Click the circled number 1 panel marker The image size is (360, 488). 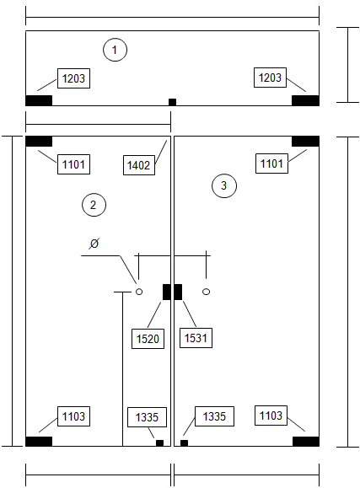115,50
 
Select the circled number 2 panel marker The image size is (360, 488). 94,205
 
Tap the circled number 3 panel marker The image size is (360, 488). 224,185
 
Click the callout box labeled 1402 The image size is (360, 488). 139,165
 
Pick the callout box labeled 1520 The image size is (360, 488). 148,339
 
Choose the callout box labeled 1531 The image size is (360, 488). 196,338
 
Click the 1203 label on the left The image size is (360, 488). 73,78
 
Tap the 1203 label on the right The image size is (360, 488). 270,78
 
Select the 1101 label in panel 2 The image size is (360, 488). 73,164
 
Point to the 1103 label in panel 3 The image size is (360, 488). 271,416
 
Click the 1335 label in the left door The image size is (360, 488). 147,417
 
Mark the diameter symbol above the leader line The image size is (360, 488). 94,243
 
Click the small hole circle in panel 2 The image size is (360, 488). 139,292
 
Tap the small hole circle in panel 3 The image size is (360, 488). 206,292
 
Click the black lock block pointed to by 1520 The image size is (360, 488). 167,292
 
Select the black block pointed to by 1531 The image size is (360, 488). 178,292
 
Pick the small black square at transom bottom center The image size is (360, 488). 172,102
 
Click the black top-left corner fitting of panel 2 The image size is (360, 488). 39,142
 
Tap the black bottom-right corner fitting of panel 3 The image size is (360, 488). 306,442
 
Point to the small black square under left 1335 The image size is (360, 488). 159,443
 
